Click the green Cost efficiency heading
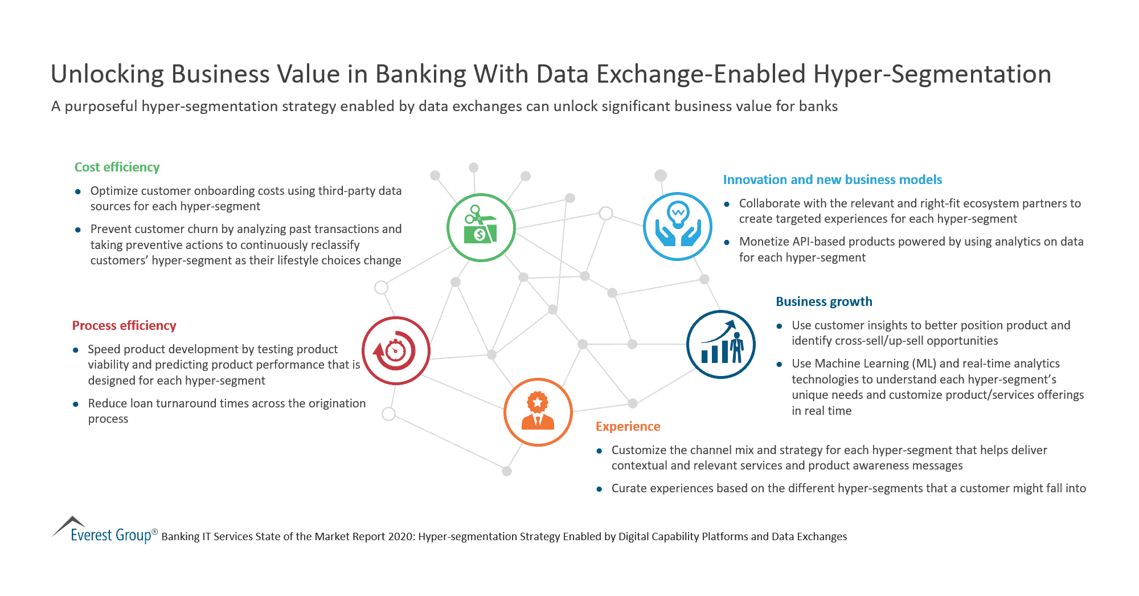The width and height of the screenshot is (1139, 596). (x=117, y=167)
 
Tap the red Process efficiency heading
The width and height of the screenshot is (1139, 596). (x=124, y=325)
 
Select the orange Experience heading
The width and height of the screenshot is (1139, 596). (x=628, y=426)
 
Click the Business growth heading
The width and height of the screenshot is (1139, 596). (x=823, y=301)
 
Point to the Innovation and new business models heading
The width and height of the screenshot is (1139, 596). (x=832, y=179)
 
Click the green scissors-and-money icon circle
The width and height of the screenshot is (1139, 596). (x=481, y=227)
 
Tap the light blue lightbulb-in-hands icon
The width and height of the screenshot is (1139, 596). (x=677, y=226)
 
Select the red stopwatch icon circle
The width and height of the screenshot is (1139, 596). (x=396, y=350)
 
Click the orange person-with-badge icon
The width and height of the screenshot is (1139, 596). (x=538, y=411)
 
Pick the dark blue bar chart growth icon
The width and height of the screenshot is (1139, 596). (x=720, y=344)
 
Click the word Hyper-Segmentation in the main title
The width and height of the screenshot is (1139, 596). (x=932, y=74)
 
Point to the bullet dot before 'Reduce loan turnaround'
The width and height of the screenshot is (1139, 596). (x=76, y=404)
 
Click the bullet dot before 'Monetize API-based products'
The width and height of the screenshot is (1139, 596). (x=727, y=242)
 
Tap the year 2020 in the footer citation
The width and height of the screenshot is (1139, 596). (x=401, y=536)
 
